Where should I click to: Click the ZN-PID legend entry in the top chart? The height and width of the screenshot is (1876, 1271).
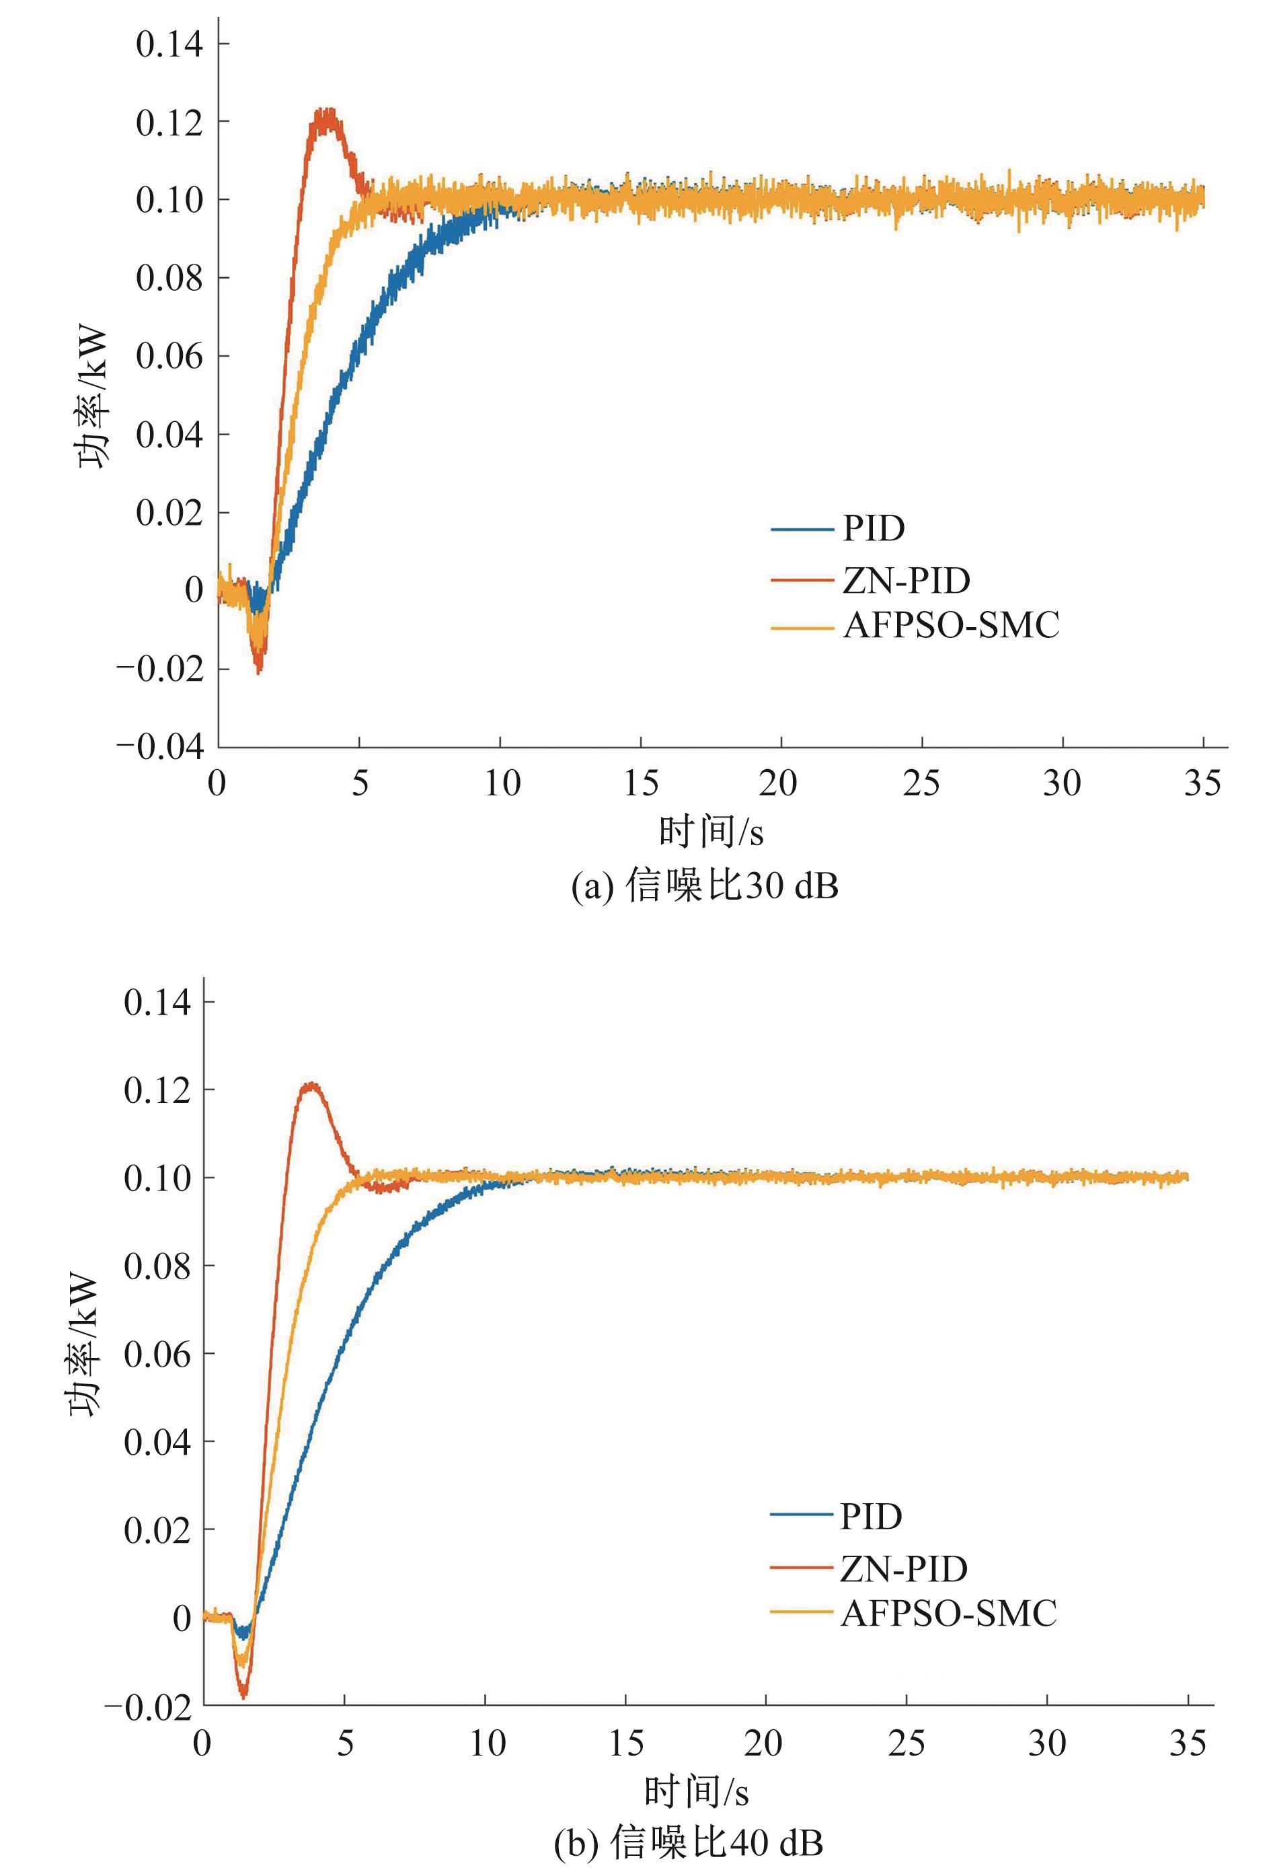(x=905, y=581)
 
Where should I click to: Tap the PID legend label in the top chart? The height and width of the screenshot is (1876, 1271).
(x=874, y=529)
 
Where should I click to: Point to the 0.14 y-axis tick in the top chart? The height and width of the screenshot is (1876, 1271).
(x=169, y=44)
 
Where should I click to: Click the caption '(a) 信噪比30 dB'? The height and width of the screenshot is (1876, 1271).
(x=705, y=886)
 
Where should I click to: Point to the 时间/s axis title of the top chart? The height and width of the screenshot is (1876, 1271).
(x=710, y=832)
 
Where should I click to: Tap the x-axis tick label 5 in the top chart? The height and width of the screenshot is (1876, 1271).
(x=360, y=783)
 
